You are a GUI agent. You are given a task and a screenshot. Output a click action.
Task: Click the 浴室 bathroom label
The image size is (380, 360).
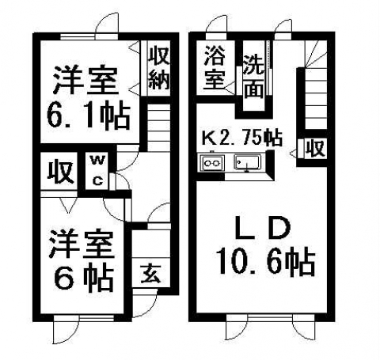[215, 68]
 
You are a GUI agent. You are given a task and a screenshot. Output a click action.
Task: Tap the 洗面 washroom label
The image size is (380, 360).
[253, 77]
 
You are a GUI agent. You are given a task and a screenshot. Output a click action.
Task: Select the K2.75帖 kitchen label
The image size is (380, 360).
[242, 137]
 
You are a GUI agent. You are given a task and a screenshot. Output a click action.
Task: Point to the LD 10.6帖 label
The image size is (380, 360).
[265, 247]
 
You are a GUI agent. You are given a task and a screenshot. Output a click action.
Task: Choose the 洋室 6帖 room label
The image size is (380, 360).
[82, 261]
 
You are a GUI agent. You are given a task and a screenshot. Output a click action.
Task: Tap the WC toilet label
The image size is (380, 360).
[97, 170]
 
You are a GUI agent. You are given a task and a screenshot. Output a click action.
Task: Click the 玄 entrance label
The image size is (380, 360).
[150, 274]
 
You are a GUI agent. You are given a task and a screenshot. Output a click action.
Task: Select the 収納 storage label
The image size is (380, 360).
[159, 69]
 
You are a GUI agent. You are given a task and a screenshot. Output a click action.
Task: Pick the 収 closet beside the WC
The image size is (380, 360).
[60, 172]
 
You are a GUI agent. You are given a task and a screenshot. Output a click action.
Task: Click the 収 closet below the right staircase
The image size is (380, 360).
[315, 149]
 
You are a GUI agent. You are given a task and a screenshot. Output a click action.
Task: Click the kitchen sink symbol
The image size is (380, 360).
[248, 163]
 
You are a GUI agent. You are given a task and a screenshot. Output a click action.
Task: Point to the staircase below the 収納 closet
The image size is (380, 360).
[158, 127]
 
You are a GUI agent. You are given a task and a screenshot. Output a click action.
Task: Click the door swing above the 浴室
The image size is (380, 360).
[217, 25]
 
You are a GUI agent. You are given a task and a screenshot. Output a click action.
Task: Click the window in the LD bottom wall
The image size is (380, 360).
[271, 318]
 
